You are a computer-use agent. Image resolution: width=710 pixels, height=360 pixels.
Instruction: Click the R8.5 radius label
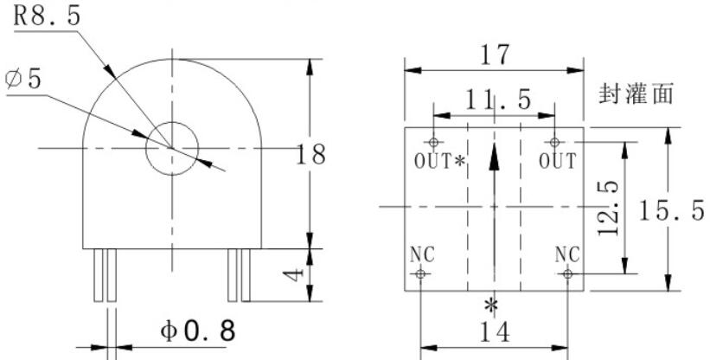coord(47,16)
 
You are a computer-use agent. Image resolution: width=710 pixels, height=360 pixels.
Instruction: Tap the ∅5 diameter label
coord(23,80)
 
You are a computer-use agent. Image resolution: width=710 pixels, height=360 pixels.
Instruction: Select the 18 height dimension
coord(310,154)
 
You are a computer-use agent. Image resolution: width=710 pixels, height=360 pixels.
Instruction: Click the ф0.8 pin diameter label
coord(198,331)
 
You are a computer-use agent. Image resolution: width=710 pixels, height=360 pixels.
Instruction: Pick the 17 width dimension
coord(494,55)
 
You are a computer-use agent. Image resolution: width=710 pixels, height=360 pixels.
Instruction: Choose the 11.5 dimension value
coord(497,100)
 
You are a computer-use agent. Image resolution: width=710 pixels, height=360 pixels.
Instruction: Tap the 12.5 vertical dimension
coord(608,208)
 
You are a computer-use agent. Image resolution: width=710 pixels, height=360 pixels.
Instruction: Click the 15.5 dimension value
coord(671,210)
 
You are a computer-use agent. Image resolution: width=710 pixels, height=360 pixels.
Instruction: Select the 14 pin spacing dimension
coord(494,332)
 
